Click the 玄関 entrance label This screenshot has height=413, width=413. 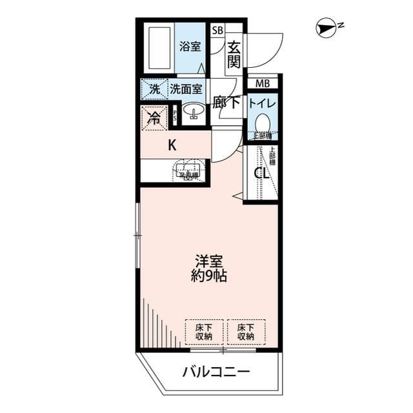pos(233,54)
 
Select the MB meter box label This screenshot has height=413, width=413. pos(262,83)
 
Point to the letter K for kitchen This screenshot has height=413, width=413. pos(172,145)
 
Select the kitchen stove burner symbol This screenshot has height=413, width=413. pos(186,170)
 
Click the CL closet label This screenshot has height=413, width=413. pos(260,173)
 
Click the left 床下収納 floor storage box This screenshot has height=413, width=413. pos(203,332)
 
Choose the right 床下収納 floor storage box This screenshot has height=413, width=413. pos(245,332)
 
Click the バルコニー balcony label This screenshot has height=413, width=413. pos(215,372)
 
